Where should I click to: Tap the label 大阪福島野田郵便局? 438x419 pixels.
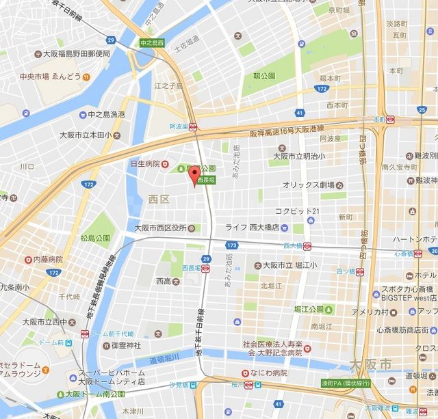click(73, 53)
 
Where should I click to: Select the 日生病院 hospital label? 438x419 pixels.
click(144, 164)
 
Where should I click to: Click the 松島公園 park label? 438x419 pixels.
click(96, 239)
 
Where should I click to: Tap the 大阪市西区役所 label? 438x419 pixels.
click(161, 228)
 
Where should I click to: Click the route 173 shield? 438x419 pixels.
click(232, 244)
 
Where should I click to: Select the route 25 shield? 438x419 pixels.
click(422, 110)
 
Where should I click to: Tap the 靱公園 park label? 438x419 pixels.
click(264, 76)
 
